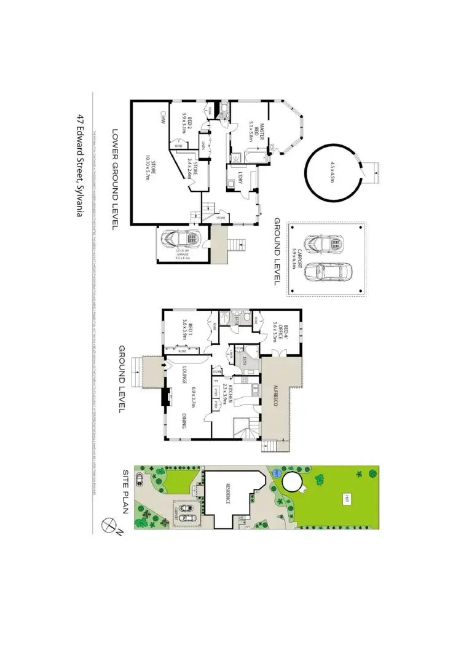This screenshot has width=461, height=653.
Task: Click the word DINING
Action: [x=184, y=421]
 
